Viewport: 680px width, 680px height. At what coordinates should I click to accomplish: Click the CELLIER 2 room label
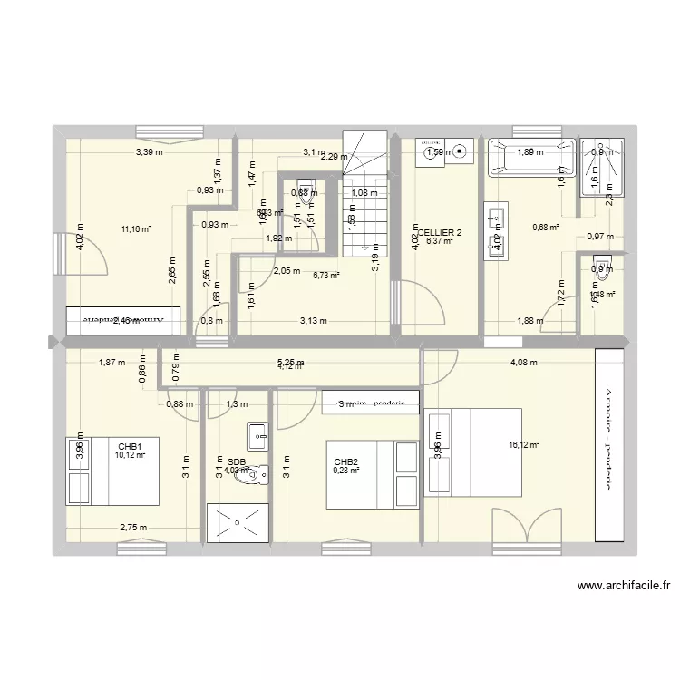441,232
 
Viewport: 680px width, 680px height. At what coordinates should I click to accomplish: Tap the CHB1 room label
130,446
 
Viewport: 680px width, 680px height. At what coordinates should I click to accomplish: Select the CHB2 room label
346,461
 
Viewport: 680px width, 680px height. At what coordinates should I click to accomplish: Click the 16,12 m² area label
525,445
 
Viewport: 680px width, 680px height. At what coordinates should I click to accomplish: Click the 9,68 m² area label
544,228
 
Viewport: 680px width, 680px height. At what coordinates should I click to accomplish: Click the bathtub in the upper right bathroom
531,157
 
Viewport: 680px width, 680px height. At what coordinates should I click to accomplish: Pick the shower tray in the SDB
238,522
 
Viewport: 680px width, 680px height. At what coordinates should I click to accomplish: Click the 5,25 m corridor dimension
291,363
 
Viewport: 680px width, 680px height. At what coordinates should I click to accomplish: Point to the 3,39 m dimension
150,152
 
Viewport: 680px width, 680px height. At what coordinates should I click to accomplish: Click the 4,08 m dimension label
523,363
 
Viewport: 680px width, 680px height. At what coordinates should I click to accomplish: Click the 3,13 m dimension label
315,319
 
